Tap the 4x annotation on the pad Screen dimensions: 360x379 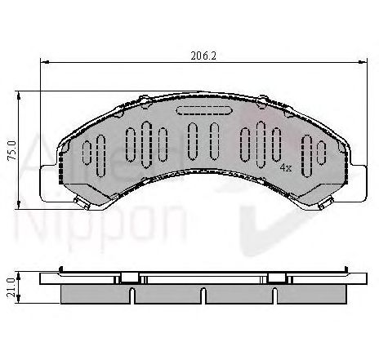(x=286, y=167)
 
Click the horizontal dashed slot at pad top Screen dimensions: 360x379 (x=203, y=109)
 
